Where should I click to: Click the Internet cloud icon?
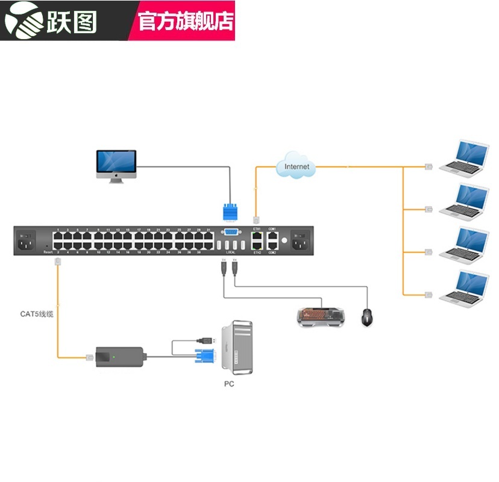(296, 166)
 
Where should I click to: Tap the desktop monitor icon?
(117, 165)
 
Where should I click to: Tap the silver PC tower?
(236, 349)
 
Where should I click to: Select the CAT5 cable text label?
(37, 314)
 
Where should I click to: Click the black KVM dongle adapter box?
(119, 357)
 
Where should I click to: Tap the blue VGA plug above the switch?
(230, 213)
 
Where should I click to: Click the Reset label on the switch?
(48, 252)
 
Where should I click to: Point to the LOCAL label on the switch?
(230, 252)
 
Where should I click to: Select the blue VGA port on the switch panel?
(230, 231)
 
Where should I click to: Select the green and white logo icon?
(22, 20)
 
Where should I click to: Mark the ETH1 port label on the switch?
(257, 229)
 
